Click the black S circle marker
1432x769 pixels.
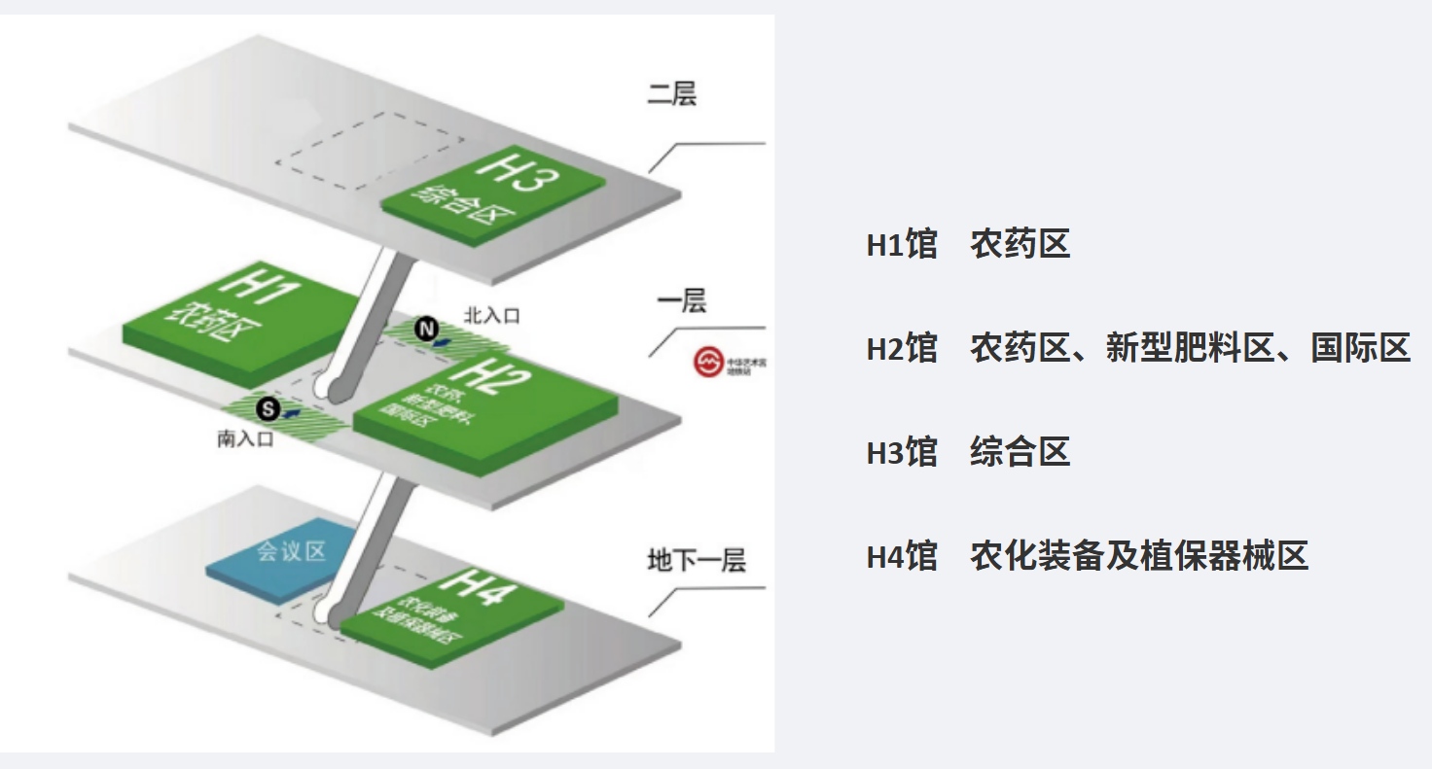click(x=268, y=409)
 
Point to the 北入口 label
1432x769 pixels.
click(x=492, y=315)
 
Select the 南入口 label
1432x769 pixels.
click(x=245, y=439)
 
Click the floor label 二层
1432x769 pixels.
click(x=671, y=94)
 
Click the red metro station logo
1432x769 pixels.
click(x=707, y=362)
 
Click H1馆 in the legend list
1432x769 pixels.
click(x=902, y=245)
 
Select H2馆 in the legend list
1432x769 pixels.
click(x=902, y=348)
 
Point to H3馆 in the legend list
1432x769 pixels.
click(x=902, y=452)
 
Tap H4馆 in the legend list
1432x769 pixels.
click(x=902, y=556)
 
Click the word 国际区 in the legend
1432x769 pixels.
click(x=1360, y=348)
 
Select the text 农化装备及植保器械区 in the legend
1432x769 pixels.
click(x=1138, y=556)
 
